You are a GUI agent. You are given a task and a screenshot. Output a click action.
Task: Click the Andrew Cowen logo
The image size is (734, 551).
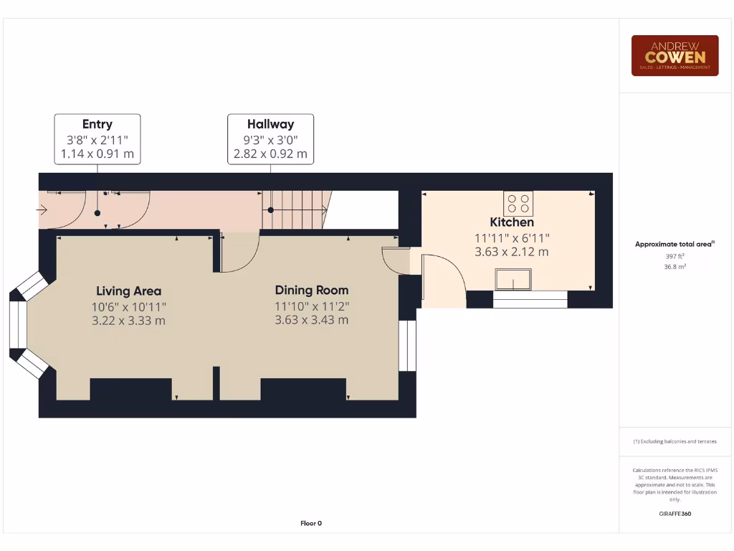pyautogui.click(x=675, y=55)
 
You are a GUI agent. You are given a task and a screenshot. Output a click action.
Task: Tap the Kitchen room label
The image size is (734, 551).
pyautogui.click(x=512, y=222)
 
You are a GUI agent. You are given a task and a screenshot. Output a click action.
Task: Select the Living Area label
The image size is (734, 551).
pyautogui.click(x=129, y=291)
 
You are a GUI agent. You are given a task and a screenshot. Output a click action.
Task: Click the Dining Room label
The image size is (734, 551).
pyautogui.click(x=312, y=291)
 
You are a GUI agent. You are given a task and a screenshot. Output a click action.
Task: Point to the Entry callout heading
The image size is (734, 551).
pyautogui.click(x=97, y=124)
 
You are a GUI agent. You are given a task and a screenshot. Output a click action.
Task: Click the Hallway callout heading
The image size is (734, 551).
pyautogui.click(x=270, y=124)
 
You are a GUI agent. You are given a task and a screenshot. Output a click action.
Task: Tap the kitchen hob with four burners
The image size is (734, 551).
pyautogui.click(x=518, y=204)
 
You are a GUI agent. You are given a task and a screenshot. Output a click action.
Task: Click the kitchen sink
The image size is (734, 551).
pyautogui.click(x=513, y=279)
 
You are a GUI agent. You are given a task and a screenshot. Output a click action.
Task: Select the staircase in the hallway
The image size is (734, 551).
pyautogui.click(x=294, y=210)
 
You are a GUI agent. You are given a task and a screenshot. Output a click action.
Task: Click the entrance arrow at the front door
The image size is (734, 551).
pyautogui.click(x=42, y=210)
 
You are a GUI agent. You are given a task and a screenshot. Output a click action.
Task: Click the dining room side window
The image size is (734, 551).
pyautogui.click(x=407, y=345)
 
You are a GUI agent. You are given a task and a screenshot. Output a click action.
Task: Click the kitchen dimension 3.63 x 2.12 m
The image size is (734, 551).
pyautogui.click(x=512, y=252)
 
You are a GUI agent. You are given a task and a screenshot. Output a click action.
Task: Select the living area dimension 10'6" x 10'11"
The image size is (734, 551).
pyautogui.click(x=129, y=306)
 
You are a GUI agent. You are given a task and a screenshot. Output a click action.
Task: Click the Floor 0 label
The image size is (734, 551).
pyautogui.click(x=311, y=523)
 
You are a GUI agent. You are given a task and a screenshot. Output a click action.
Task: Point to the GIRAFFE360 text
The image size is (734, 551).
pyautogui.click(x=675, y=514)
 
